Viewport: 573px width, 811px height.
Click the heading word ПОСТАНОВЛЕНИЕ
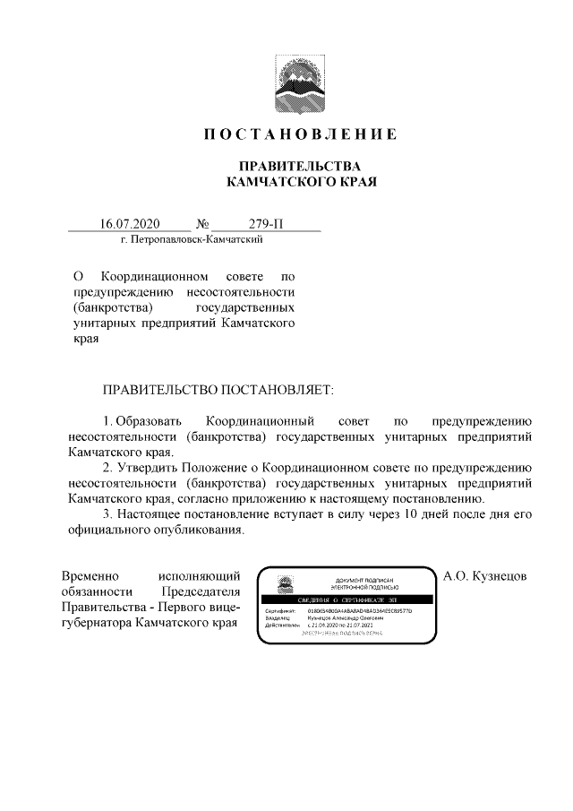(x=298, y=135)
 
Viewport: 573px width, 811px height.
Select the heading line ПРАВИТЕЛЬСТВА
(x=298, y=167)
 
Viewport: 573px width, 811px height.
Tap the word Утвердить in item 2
(x=149, y=467)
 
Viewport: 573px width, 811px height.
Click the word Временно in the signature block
(x=92, y=574)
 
